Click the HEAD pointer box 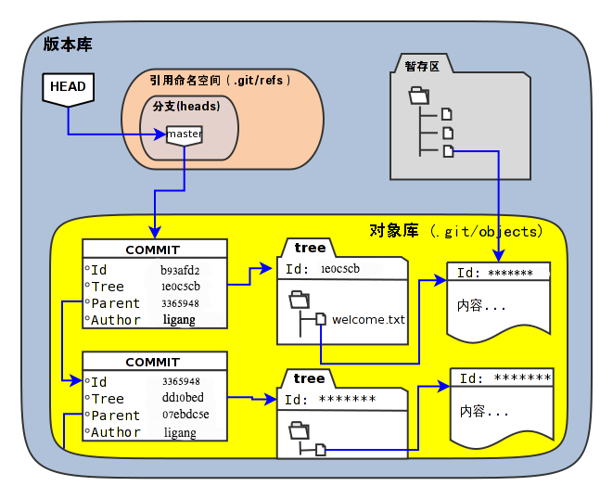(x=68, y=87)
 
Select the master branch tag (x=185, y=134)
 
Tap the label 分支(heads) (x=186, y=107)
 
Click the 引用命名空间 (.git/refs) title (x=221, y=81)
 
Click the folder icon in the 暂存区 (x=419, y=95)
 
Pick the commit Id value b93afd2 (x=180, y=270)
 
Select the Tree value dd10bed (x=182, y=398)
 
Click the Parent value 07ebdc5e (x=185, y=415)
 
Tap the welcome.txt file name (x=368, y=320)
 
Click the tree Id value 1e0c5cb (x=339, y=269)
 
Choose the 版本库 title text (x=68, y=45)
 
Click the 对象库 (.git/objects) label (x=454, y=231)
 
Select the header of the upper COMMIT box (x=154, y=249)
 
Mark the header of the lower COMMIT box (x=154, y=362)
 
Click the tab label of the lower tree (x=309, y=378)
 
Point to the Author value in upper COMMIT (x=179, y=320)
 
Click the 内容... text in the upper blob (x=482, y=305)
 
